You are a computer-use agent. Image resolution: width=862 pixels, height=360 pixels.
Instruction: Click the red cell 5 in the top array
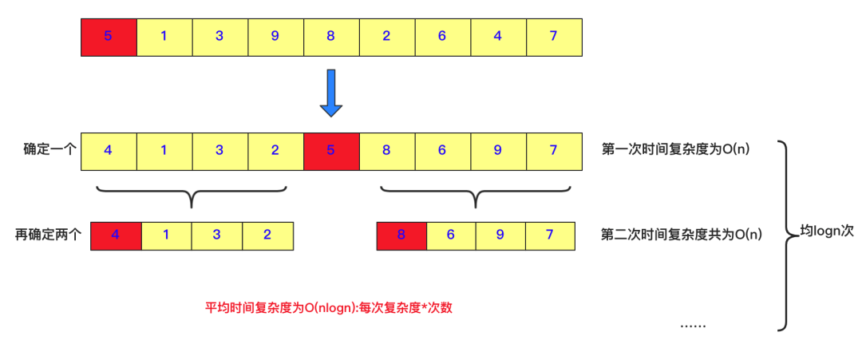[x=109, y=36]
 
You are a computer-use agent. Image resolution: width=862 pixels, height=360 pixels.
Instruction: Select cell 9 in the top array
[x=275, y=36]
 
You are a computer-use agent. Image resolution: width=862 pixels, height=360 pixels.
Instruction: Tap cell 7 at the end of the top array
[x=553, y=36]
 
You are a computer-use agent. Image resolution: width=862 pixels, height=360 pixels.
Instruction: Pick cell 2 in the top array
[x=386, y=36]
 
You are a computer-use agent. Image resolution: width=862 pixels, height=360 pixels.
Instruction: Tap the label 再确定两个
[x=49, y=235]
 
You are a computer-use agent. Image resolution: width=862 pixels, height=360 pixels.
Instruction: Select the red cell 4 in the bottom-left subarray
[x=116, y=235]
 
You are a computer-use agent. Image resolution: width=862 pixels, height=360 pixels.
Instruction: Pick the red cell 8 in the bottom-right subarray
[x=401, y=235]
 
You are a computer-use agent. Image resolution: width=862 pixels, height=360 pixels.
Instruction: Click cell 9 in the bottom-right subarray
[x=500, y=235]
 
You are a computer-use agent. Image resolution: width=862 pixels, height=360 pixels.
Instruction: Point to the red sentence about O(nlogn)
[x=329, y=307]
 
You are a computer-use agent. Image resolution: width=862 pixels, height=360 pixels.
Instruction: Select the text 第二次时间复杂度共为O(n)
[x=681, y=235]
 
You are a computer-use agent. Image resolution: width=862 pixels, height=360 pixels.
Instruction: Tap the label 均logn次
[x=827, y=231]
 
